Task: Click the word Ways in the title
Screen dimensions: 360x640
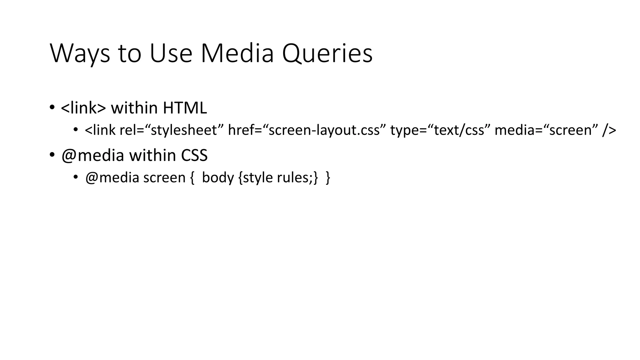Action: click(80, 54)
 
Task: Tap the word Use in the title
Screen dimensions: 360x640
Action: click(171, 54)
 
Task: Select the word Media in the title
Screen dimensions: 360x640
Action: click(237, 54)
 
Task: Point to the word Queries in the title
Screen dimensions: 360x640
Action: click(327, 54)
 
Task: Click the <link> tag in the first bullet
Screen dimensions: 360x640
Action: click(83, 108)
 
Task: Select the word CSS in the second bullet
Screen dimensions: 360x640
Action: click(194, 155)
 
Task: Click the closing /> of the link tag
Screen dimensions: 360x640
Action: click(609, 130)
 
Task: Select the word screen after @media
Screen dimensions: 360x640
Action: click(164, 177)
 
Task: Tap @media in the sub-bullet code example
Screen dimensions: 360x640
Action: click(112, 177)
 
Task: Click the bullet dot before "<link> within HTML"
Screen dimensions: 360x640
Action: click(52, 107)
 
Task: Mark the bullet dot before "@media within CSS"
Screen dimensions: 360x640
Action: click(52, 155)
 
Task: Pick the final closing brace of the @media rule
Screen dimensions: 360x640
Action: click(327, 177)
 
